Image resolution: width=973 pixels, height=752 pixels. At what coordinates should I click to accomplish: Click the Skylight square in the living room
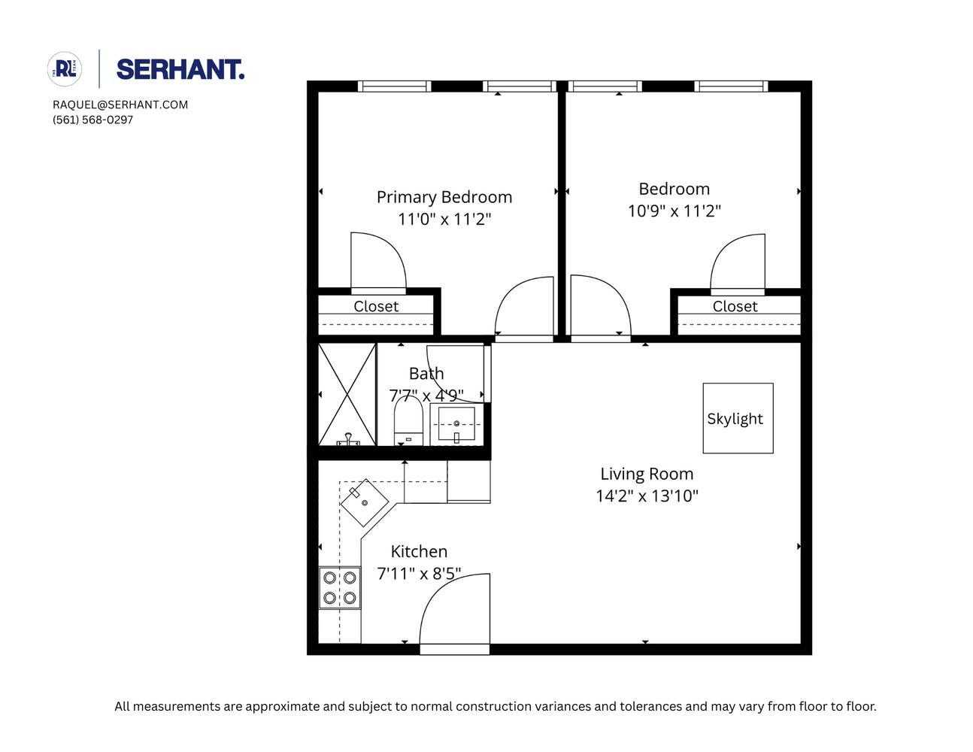click(x=738, y=418)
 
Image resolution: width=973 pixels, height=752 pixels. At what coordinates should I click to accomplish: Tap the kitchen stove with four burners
click(x=340, y=588)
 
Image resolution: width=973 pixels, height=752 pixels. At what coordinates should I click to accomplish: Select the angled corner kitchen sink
click(x=364, y=502)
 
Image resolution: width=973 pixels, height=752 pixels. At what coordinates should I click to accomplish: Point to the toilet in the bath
click(x=408, y=421)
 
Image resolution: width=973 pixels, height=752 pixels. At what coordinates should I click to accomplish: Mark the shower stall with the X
click(x=347, y=395)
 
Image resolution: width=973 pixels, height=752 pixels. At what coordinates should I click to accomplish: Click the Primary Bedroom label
click(x=444, y=197)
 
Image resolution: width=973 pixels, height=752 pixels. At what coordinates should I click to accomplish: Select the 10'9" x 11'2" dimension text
click(x=674, y=211)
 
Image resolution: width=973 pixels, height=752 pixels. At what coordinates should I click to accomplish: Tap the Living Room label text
click(x=647, y=474)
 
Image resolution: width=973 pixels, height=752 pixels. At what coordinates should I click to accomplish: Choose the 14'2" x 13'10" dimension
click(x=647, y=496)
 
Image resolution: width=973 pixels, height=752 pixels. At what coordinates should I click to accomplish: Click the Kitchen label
click(x=419, y=551)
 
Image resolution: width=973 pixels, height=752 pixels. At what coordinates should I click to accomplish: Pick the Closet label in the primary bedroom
click(x=376, y=306)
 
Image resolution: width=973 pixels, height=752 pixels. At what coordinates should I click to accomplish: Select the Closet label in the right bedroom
click(x=735, y=306)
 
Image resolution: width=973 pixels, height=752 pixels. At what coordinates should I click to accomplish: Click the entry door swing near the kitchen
click(x=453, y=613)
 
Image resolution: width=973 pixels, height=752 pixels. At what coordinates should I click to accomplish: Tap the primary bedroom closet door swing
click(x=377, y=262)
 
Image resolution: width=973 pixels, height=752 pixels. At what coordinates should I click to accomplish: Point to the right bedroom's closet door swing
click(x=738, y=263)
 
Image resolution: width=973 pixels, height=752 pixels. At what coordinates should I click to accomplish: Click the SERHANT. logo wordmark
click(x=180, y=70)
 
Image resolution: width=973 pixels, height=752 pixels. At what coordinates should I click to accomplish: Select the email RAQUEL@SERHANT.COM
click(x=120, y=105)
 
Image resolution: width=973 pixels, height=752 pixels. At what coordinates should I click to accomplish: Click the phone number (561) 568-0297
click(x=92, y=120)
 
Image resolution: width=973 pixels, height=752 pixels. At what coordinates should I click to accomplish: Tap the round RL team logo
click(x=65, y=69)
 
